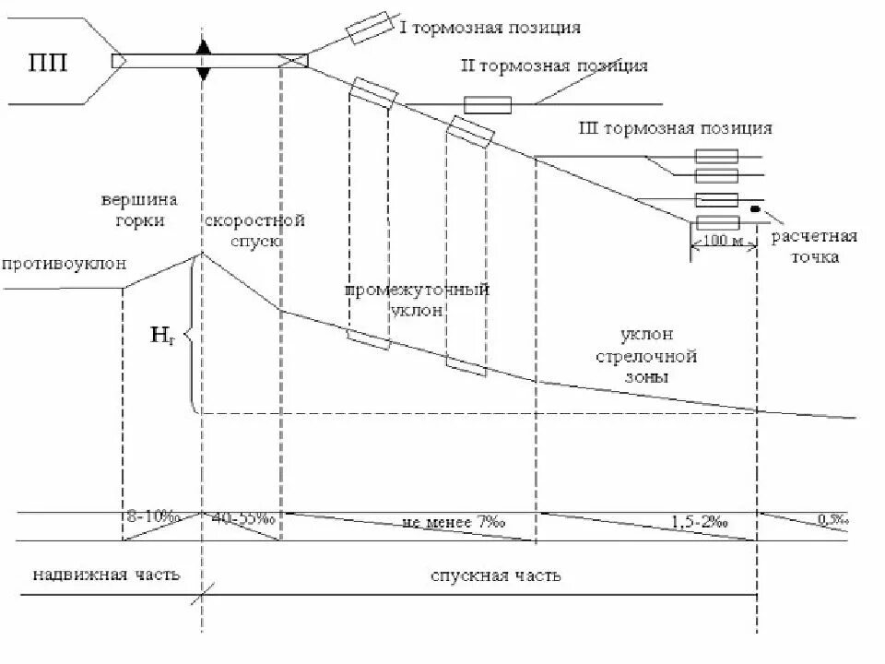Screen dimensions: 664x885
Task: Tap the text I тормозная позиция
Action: click(490, 27)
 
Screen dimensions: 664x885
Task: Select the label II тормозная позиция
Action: click(554, 66)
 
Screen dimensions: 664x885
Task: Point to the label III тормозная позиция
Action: click(674, 128)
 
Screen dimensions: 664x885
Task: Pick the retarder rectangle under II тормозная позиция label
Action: click(487, 105)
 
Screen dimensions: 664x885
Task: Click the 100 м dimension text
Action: click(722, 240)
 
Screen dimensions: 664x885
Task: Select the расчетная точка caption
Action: click(814, 246)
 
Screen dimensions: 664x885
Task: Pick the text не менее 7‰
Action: click(454, 523)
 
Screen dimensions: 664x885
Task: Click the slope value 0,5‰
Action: click(831, 521)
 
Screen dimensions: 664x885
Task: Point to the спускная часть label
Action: click(496, 576)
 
